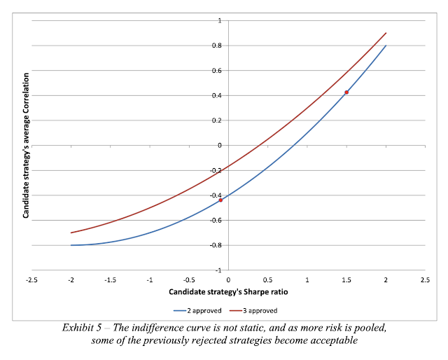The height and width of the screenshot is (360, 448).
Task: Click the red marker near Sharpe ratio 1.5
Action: [x=346, y=92]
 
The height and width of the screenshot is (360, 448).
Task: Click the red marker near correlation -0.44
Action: [x=220, y=200]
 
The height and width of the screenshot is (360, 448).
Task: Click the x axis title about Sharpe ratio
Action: [x=228, y=292]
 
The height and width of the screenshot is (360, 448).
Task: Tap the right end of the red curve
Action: [x=386, y=33]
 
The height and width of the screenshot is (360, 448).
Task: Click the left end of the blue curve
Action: [x=71, y=245]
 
